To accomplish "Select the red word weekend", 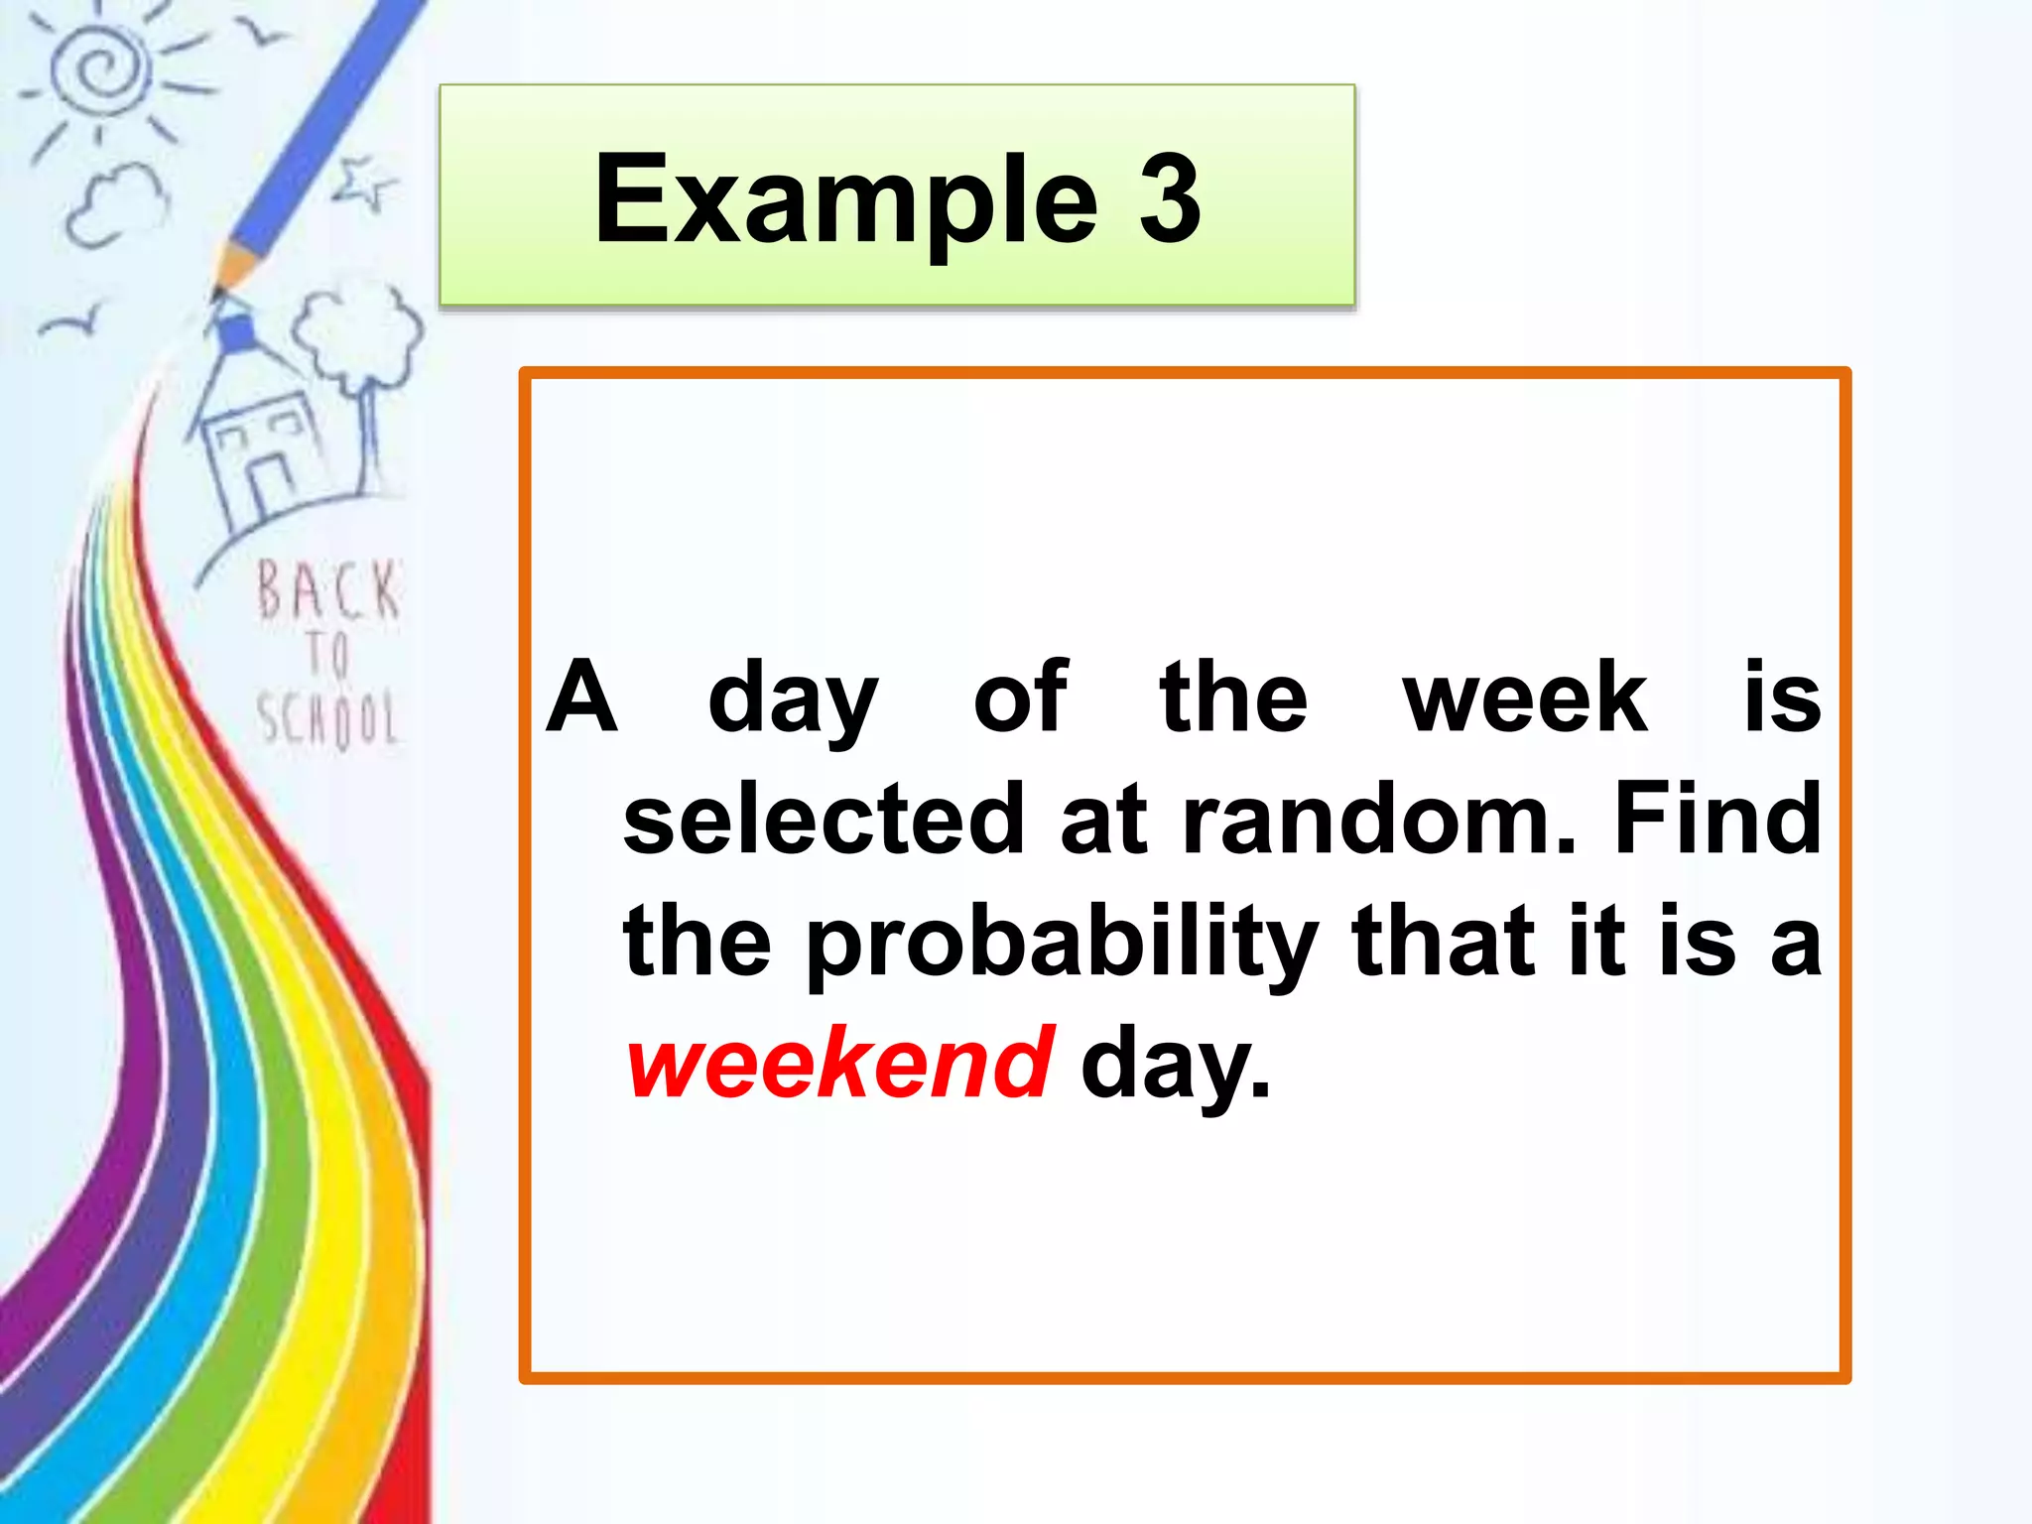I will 839,1064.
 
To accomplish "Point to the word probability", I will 1062,943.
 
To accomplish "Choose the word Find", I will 1717,820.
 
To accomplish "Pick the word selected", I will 824,820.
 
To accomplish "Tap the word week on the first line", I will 1525,698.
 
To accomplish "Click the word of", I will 1020,698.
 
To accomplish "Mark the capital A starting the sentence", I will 582,698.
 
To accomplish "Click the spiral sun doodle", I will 99,69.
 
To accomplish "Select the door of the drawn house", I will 270,486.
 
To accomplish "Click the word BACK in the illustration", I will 327,591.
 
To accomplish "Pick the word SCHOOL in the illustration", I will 327,718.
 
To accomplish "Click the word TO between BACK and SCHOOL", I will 327,655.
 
